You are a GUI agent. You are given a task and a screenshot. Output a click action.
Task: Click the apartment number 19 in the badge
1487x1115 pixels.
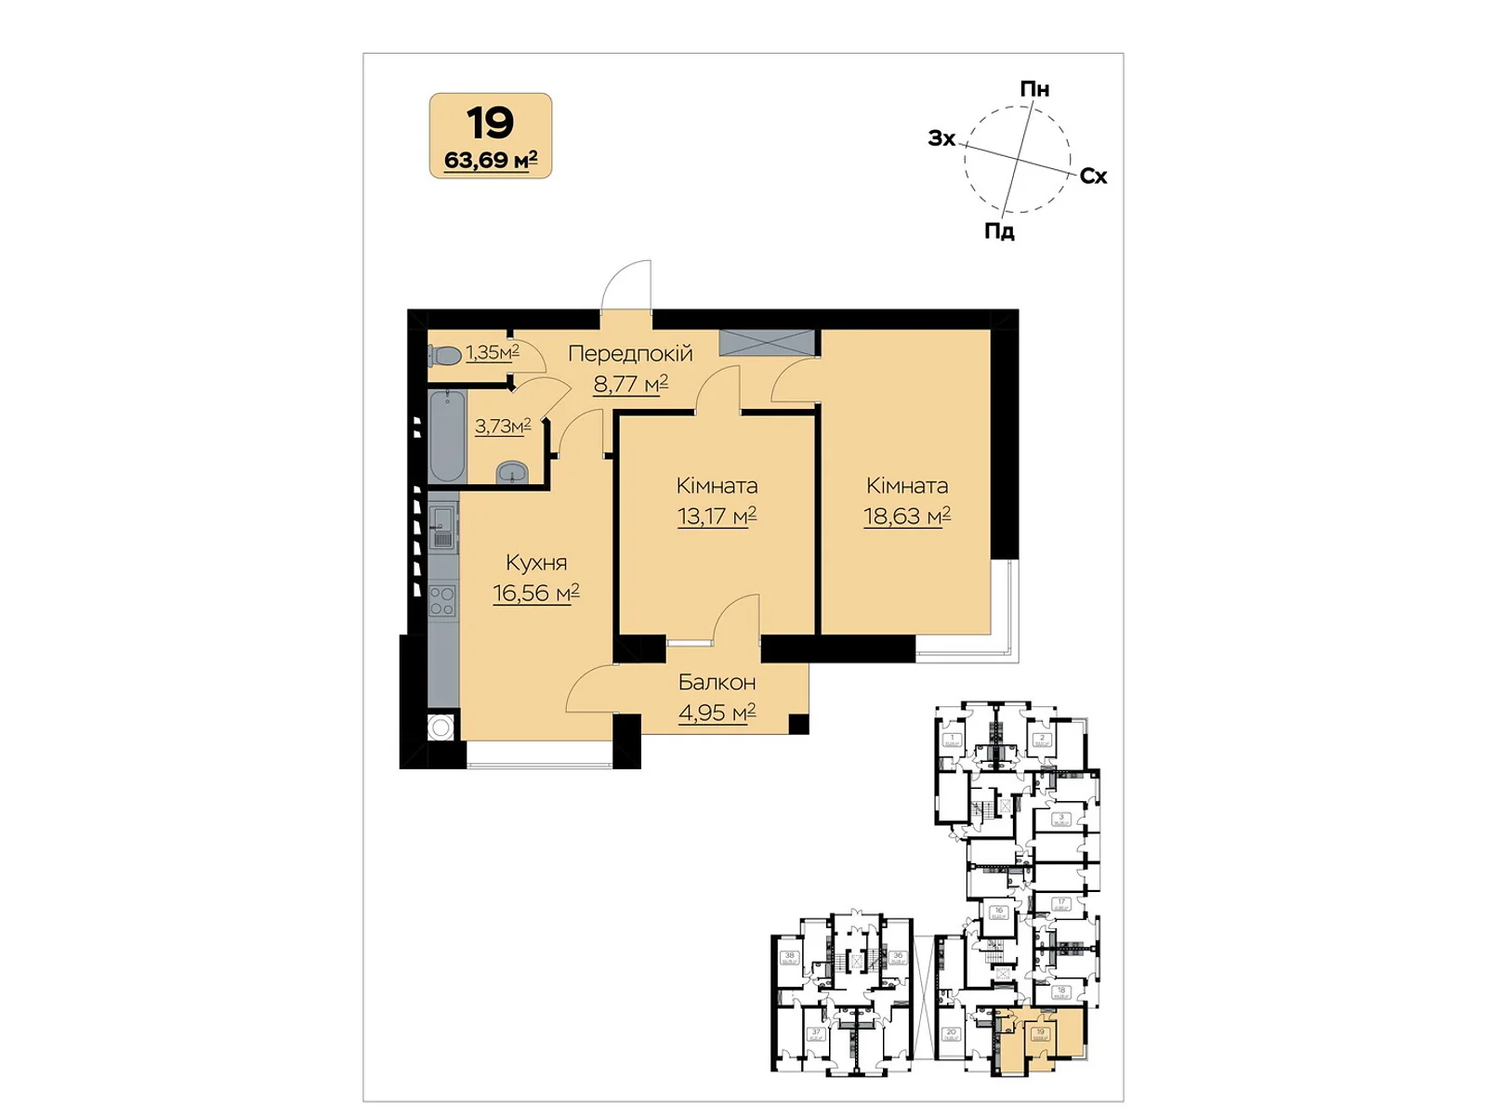pos(490,123)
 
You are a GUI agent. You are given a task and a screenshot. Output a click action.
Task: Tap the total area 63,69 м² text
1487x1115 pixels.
pos(490,160)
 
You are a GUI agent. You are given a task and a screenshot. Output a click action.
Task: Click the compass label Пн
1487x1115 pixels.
pos(1034,89)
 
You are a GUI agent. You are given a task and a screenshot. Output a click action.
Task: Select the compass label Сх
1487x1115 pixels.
pos(1093,177)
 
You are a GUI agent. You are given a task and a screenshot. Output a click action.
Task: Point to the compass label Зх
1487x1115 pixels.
pos(941,138)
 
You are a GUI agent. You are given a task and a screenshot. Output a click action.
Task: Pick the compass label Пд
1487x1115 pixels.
pos(999,231)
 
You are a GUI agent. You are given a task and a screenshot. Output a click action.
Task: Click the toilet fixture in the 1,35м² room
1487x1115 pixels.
pos(445,355)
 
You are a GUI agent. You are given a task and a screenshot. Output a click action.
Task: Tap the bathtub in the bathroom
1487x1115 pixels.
pos(447,436)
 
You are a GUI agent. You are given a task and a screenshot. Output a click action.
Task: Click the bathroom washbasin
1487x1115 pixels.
pos(511,474)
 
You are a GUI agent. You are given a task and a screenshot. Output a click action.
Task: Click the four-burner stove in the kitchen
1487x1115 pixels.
pos(442,600)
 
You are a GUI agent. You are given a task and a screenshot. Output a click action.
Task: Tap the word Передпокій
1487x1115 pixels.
pos(630,353)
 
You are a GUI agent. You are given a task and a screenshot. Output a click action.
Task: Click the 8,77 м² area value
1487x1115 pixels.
pos(630,384)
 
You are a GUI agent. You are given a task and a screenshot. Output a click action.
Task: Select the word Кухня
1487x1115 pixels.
pos(535,562)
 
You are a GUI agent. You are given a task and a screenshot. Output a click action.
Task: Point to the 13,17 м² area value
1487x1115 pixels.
pos(717,516)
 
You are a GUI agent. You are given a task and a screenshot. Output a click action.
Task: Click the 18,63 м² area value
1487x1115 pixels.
pos(906,516)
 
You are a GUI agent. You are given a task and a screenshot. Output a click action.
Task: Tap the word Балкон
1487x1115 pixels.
pos(717,682)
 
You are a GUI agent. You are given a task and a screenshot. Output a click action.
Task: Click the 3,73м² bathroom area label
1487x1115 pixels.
pos(503,426)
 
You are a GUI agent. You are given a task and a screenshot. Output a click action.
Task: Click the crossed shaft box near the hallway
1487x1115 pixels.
pos(767,342)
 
